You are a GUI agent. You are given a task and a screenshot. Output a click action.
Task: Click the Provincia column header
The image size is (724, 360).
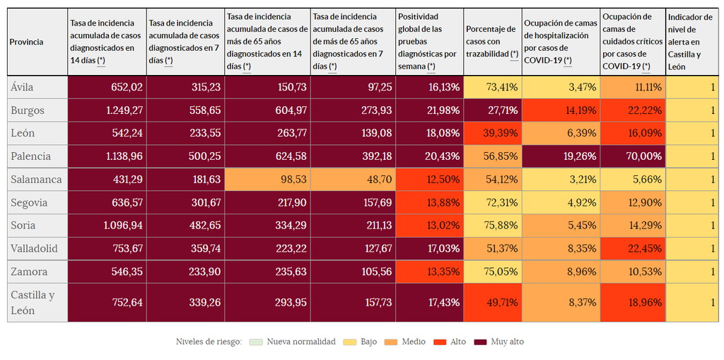[x=26, y=42]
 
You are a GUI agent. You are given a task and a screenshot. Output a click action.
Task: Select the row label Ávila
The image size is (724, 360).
[x=23, y=87]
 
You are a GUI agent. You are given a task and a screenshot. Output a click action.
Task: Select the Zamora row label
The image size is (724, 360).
[x=29, y=272]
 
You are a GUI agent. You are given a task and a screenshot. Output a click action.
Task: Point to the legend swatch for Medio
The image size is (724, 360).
[x=390, y=342]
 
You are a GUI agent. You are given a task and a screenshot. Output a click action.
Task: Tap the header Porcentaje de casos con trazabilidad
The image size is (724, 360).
[x=491, y=41]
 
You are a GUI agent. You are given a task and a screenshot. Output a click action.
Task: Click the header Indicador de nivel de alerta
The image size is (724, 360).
[x=684, y=42]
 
